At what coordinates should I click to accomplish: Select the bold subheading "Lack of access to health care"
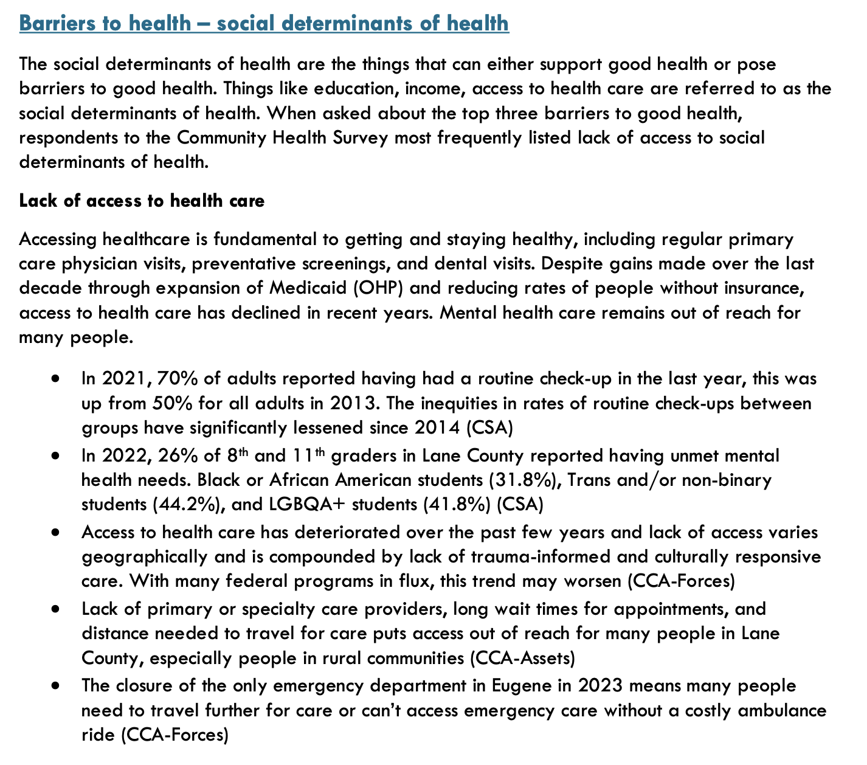[142, 201]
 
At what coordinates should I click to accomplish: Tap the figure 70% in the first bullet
[177, 379]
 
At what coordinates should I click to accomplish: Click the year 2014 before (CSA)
[438, 428]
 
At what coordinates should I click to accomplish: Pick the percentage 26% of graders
[177, 455]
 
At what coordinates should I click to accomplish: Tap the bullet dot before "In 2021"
[55, 379]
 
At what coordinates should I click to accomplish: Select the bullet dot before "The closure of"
[55, 686]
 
